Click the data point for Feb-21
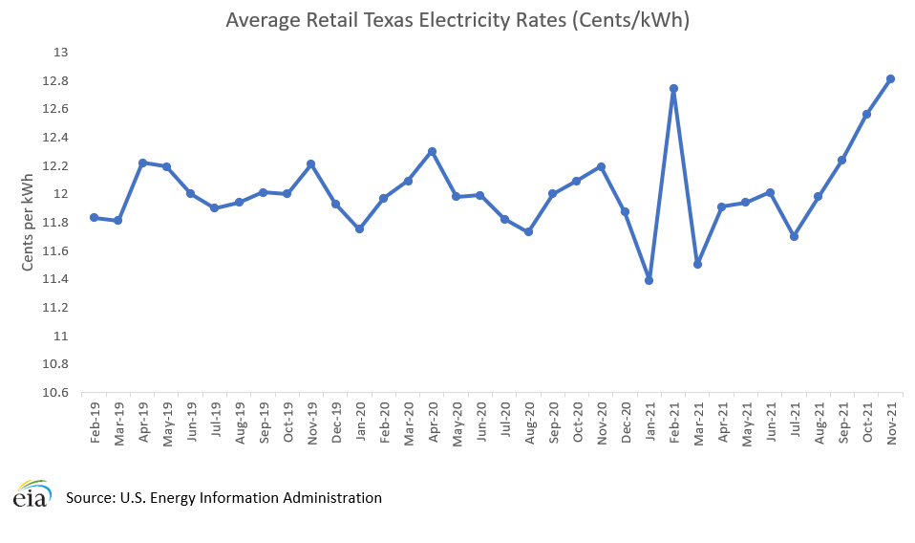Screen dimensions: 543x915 click(x=673, y=89)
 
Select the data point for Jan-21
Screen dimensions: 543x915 click(x=649, y=280)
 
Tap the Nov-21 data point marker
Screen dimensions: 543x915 click(x=890, y=78)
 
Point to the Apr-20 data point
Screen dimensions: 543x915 click(x=432, y=151)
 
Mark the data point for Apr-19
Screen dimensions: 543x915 click(x=142, y=163)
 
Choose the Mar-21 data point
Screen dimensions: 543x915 click(x=697, y=264)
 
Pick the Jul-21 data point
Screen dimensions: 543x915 click(x=794, y=236)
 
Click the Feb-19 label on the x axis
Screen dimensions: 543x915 click(x=95, y=422)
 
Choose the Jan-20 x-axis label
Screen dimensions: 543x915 click(x=359, y=422)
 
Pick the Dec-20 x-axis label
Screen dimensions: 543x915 click(x=625, y=422)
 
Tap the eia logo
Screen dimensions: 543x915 click(x=32, y=495)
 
